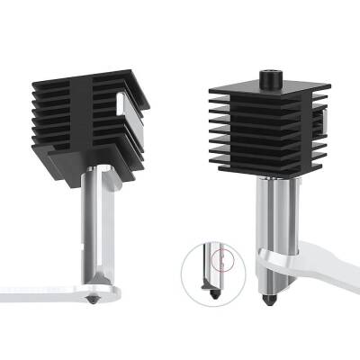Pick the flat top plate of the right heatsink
coord(265,89)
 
